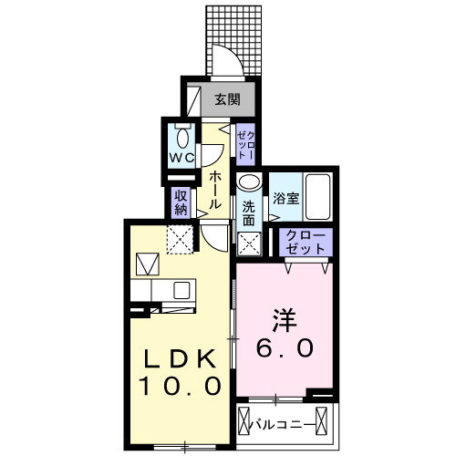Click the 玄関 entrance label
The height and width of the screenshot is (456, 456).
click(x=227, y=99)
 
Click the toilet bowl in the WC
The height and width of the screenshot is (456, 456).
click(x=181, y=137)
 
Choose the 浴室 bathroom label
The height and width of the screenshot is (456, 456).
click(x=285, y=198)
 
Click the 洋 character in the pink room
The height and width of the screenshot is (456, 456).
click(x=283, y=320)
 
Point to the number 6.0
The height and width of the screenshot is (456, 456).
click(x=283, y=347)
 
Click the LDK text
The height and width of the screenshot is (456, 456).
click(x=179, y=357)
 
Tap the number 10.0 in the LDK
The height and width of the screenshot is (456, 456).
click(x=179, y=386)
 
